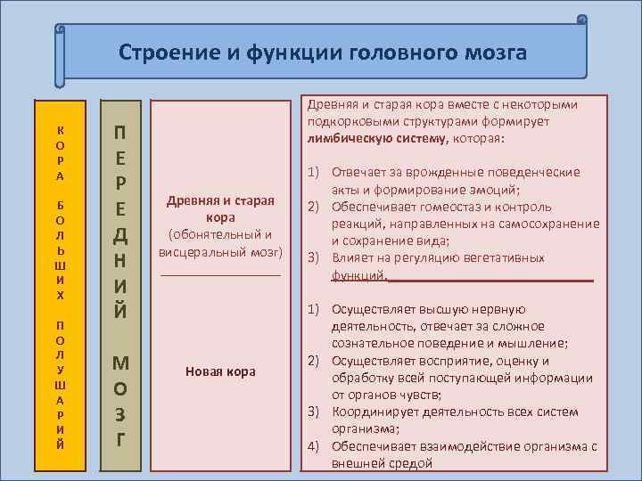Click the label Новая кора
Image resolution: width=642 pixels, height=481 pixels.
pos(220,371)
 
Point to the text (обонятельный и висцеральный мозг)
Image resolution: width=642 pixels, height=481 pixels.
pos(220,243)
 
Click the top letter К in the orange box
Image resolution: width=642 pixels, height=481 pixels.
pos(60,128)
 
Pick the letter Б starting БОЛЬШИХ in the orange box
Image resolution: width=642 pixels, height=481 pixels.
pos(60,204)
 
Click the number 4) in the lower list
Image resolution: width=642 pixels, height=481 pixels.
pos(314,445)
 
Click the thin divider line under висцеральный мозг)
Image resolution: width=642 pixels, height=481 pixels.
pos(220,275)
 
